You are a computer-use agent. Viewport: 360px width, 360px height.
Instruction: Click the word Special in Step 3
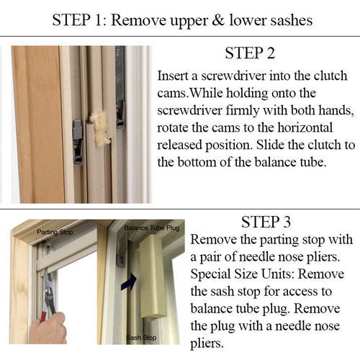tap(213, 274)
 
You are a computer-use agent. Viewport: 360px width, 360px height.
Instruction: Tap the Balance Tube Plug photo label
tap(151, 228)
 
